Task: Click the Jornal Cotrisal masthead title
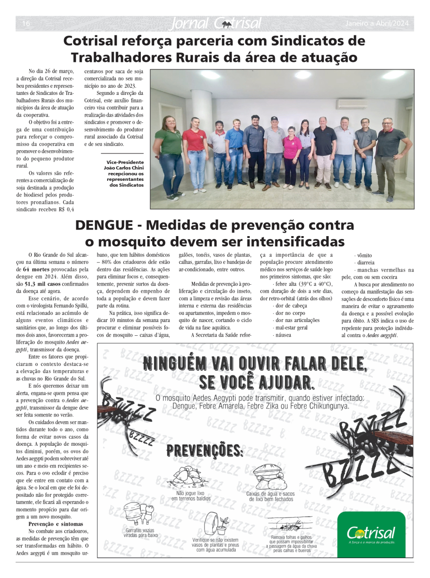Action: click(x=215, y=23)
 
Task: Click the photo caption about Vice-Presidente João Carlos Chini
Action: click(x=125, y=173)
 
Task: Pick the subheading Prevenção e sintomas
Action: click(x=56, y=524)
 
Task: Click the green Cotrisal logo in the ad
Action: click(x=371, y=534)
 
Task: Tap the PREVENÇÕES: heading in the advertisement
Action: click(x=205, y=451)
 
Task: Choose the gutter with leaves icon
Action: click(x=290, y=525)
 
